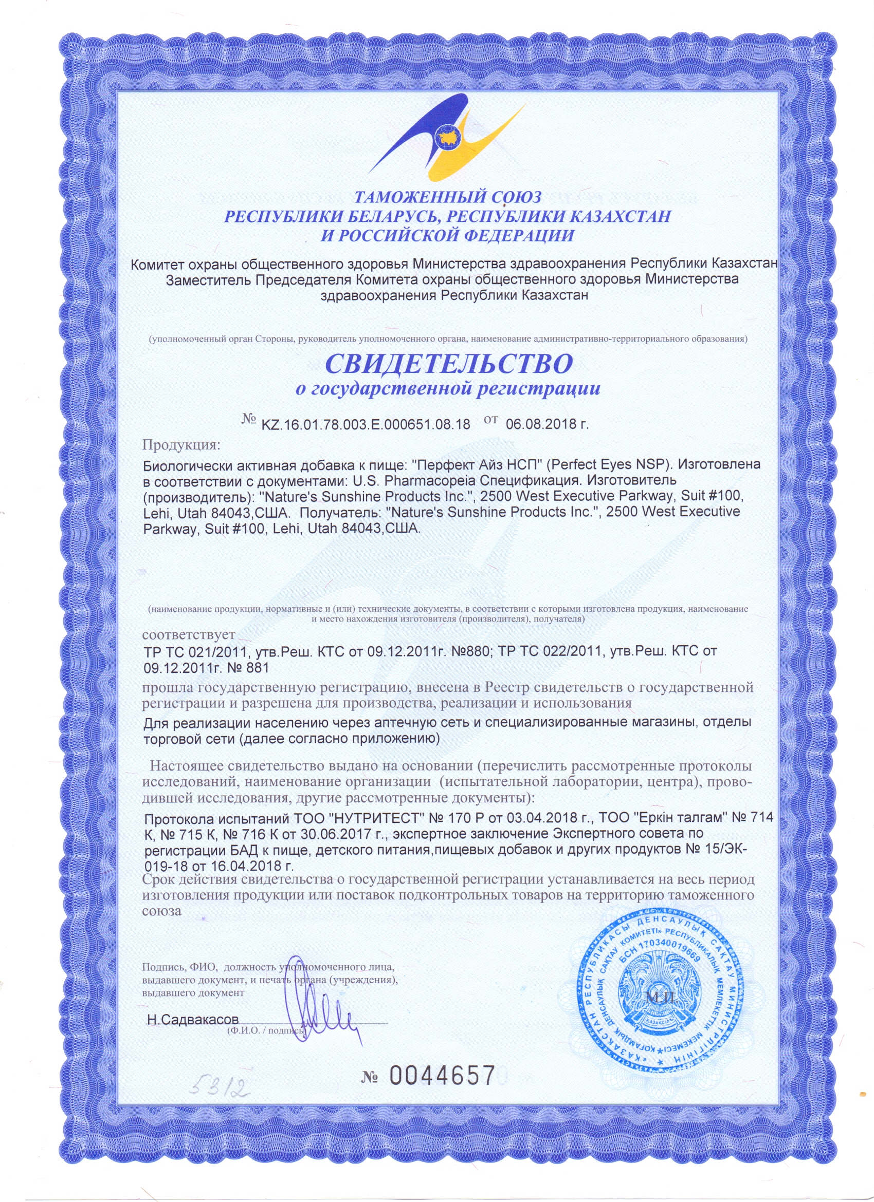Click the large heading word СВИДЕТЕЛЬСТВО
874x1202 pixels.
[448, 364]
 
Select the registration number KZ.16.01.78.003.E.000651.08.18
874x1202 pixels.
[366, 424]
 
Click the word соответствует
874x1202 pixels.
[189, 634]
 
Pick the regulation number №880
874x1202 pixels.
[465, 651]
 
